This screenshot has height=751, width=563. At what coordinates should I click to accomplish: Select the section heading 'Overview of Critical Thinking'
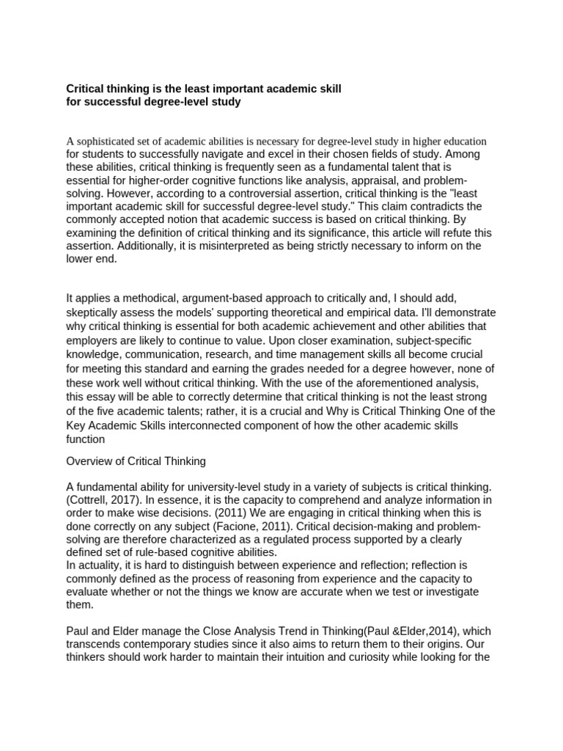(x=136, y=461)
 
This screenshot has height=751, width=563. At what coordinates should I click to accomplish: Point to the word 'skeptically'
(x=97, y=312)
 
